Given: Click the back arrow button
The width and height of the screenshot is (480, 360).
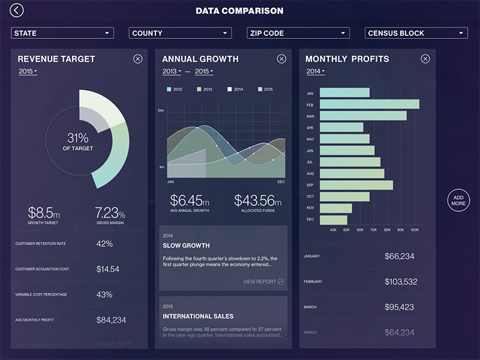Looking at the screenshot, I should pyautogui.click(x=17, y=10).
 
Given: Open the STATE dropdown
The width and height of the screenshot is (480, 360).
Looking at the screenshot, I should pyautogui.click(x=62, y=33).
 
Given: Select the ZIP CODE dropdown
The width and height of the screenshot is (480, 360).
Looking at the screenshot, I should pyautogui.click(x=298, y=33).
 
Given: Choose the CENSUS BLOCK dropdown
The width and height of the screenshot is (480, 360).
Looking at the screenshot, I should pyautogui.click(x=416, y=33).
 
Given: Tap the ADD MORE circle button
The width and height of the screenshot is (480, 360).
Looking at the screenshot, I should pyautogui.click(x=458, y=200).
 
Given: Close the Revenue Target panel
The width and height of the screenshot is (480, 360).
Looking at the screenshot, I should pyautogui.click(x=138, y=59).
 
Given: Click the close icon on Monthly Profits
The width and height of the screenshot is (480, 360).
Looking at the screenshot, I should pyautogui.click(x=425, y=59).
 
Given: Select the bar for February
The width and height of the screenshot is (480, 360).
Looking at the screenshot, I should pyautogui.click(x=369, y=104).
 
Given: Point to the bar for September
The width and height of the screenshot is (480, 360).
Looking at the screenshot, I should pyautogui.click(x=356, y=185).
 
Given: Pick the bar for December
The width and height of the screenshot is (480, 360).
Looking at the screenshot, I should pyautogui.click(x=334, y=220).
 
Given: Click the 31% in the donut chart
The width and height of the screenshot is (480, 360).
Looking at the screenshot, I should pyautogui.click(x=78, y=137).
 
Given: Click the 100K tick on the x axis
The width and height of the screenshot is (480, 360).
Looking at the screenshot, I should pyautogui.click(x=414, y=230).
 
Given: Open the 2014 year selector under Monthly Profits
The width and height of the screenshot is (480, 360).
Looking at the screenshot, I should pyautogui.click(x=315, y=71).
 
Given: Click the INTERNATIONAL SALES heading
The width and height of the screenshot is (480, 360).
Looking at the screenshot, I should pyautogui.click(x=198, y=316).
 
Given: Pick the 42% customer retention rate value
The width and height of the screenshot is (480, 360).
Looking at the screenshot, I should pyautogui.click(x=104, y=244).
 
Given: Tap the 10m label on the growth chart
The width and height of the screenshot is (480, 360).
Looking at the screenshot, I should pyautogui.click(x=161, y=111).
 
